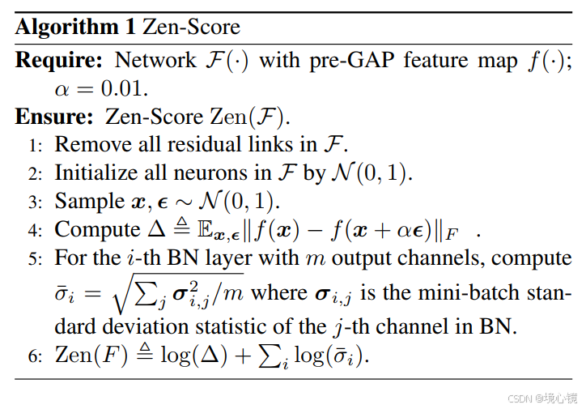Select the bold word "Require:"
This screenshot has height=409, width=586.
pos(61,61)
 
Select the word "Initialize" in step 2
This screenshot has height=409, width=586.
pos(93,173)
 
